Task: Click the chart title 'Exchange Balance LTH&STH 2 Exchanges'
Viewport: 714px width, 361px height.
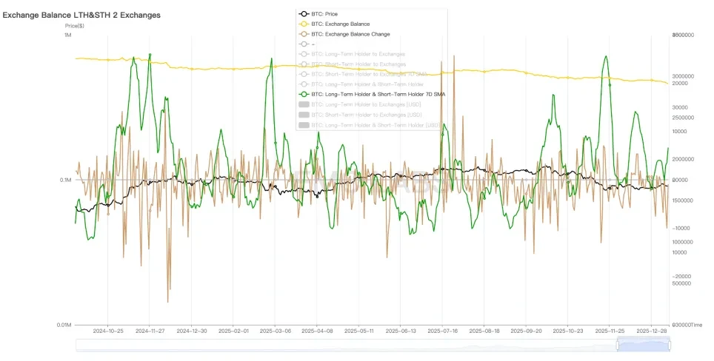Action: tap(81, 15)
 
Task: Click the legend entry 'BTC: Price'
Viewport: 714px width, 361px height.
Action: tap(326, 13)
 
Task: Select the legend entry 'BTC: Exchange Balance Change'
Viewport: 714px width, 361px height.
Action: tap(350, 34)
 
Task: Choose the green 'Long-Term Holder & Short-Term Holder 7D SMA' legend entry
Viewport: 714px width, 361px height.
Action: tap(378, 94)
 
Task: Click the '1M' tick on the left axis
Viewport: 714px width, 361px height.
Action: tap(67, 36)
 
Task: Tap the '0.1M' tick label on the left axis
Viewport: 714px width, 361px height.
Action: tap(65, 180)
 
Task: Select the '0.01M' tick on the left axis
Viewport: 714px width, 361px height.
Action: tap(64, 325)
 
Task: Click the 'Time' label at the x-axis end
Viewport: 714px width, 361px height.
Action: tap(696, 325)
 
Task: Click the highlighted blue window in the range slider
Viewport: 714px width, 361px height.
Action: tap(644, 344)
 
